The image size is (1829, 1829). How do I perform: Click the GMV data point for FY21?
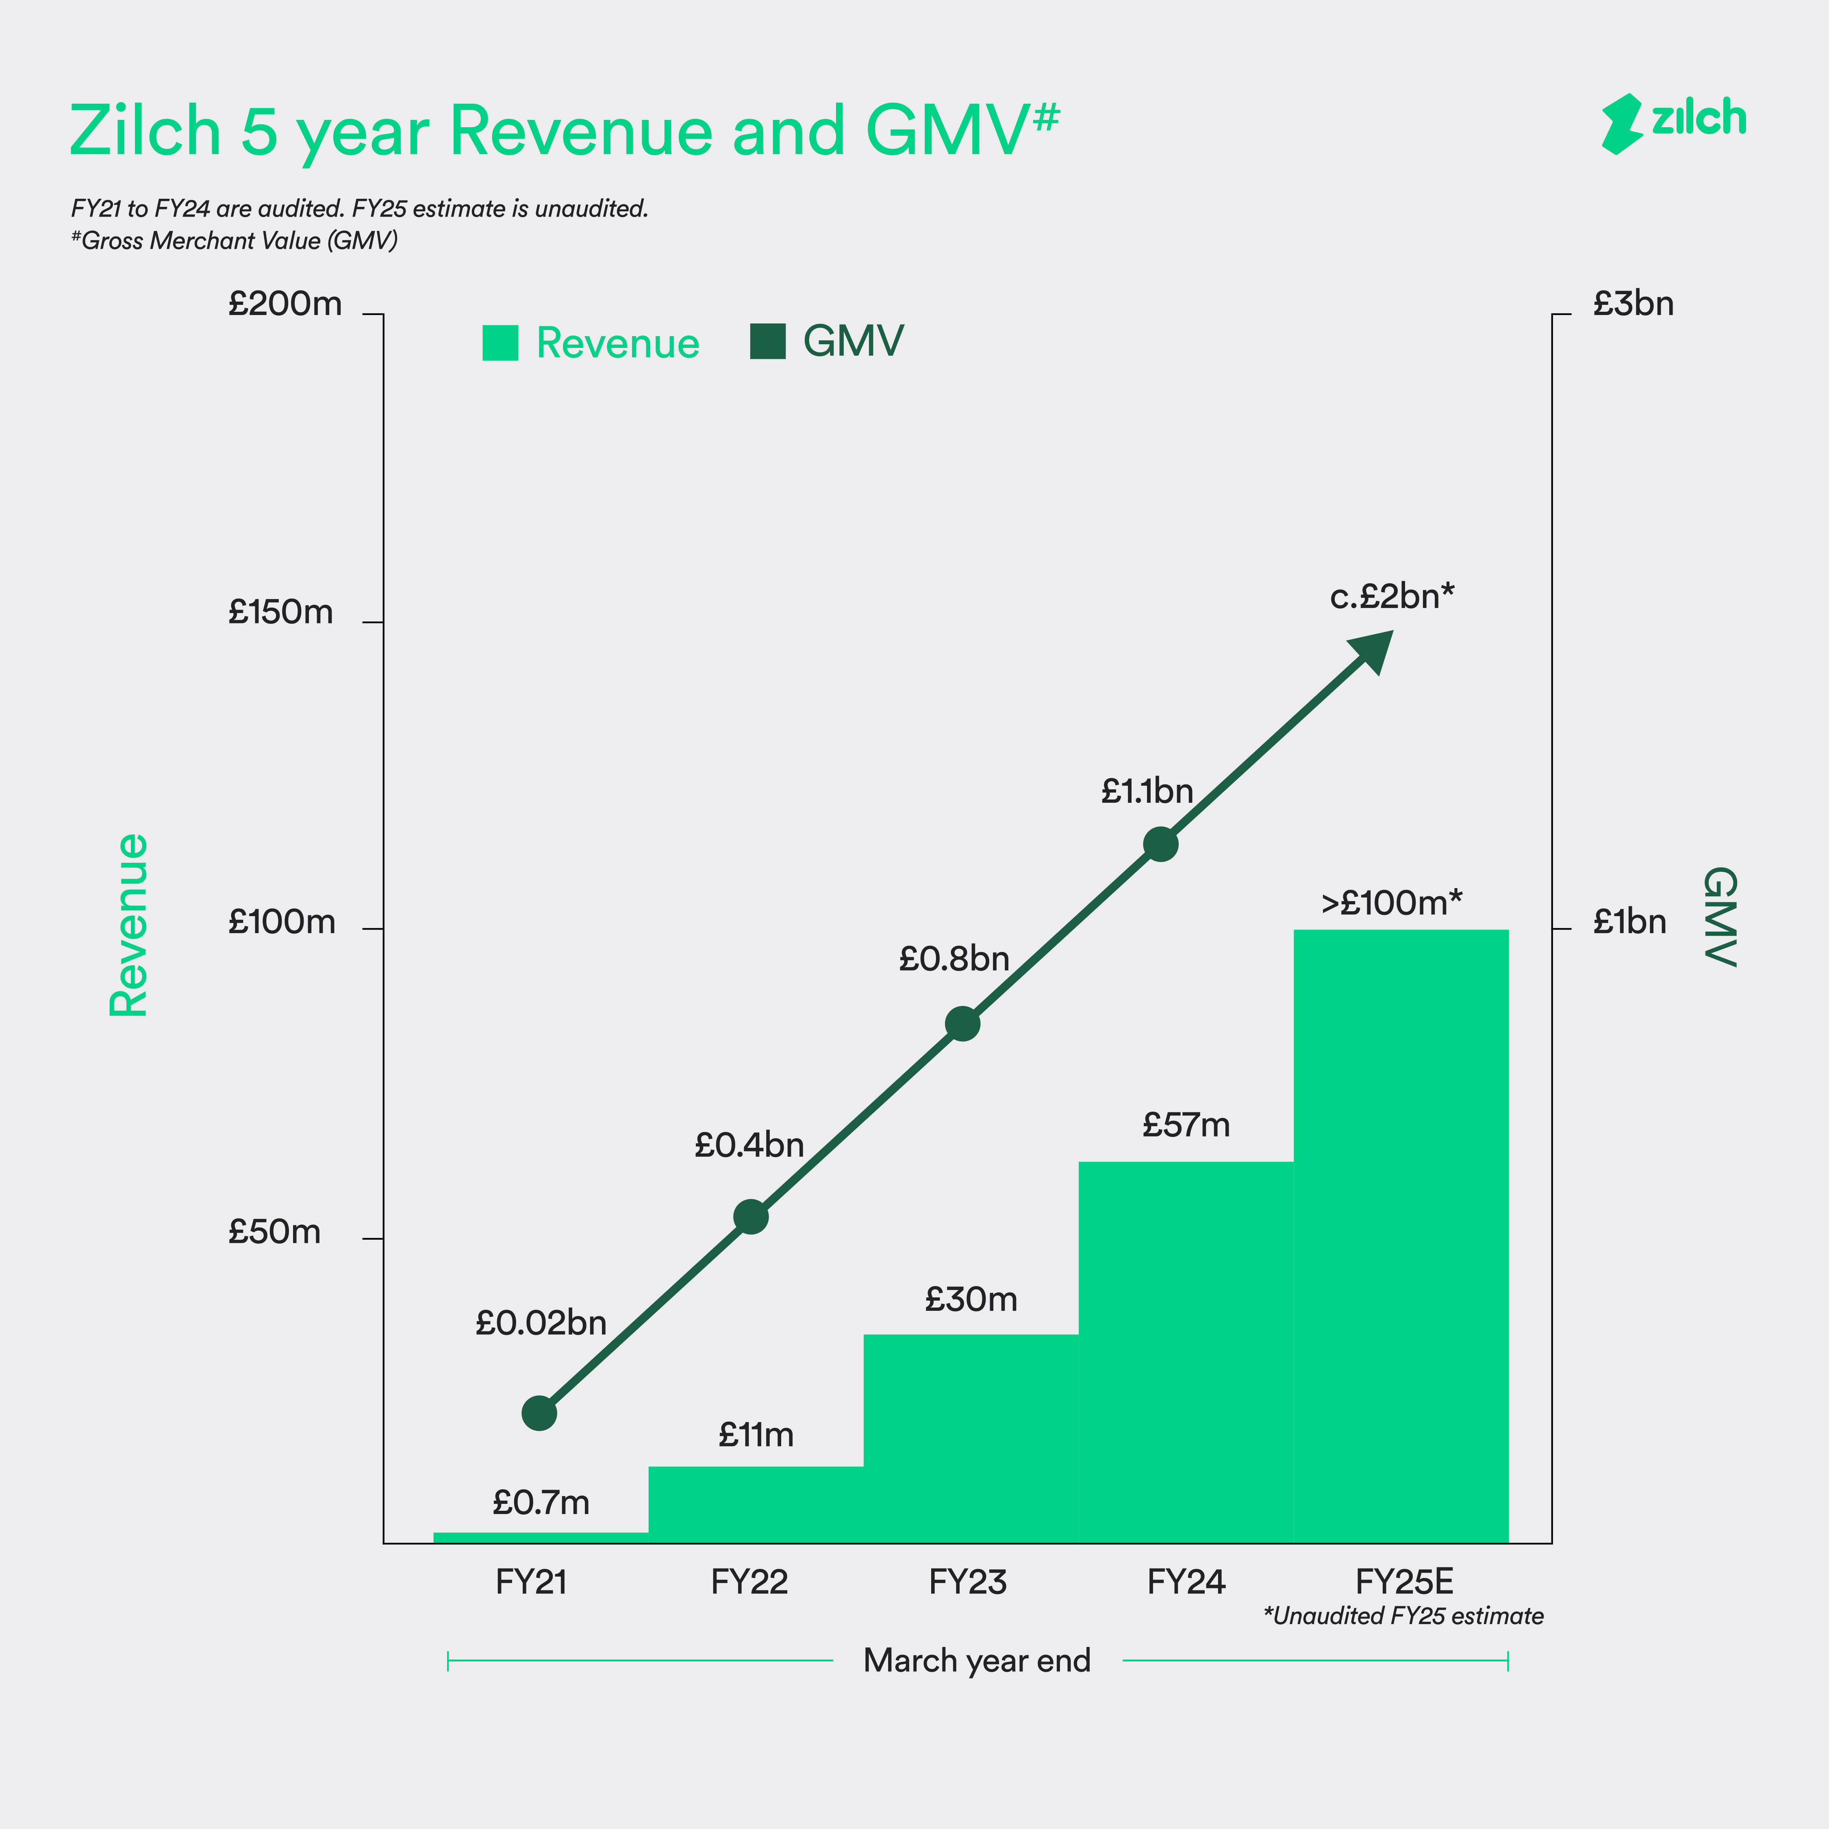[540, 1413]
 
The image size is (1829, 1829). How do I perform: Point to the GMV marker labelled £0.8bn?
[963, 1023]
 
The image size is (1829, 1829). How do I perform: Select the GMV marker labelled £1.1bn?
[1161, 843]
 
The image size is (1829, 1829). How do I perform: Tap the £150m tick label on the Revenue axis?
[281, 613]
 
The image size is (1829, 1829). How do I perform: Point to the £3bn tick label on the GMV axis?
[1633, 304]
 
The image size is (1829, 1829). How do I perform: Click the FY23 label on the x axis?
[967, 1582]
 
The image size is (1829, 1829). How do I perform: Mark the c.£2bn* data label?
[1392, 596]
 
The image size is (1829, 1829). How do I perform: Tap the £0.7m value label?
[541, 1502]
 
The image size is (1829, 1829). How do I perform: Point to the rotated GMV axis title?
[1720, 917]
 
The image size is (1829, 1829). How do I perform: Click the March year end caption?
[977, 1660]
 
